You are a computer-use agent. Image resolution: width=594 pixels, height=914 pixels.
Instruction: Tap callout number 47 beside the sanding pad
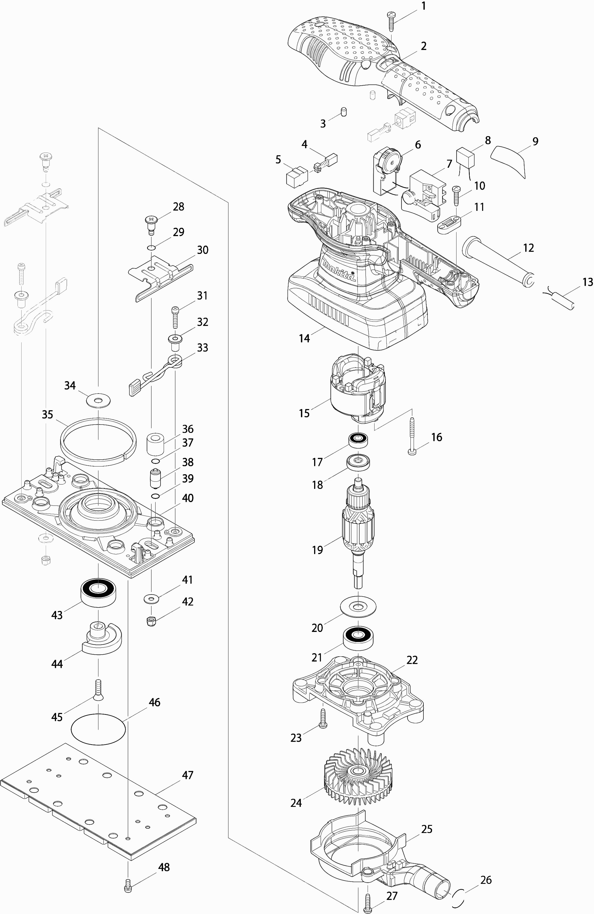click(x=187, y=775)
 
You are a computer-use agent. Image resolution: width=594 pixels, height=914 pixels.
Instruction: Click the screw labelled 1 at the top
click(x=391, y=20)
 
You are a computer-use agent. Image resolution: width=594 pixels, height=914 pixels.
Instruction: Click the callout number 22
click(x=412, y=660)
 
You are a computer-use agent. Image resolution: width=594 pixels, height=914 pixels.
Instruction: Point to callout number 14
click(x=304, y=338)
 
